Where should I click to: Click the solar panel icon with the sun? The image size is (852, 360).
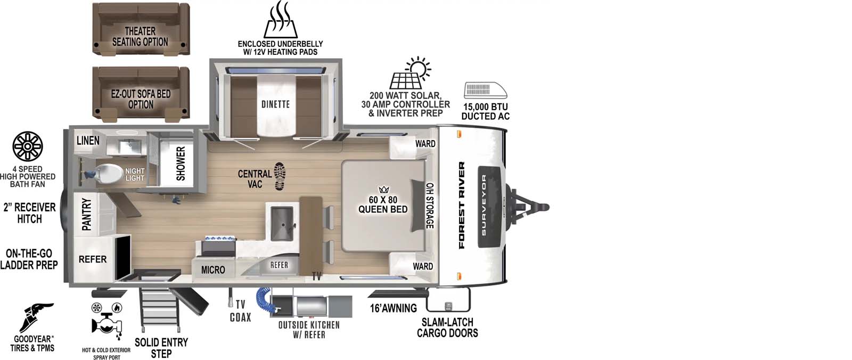pyautogui.click(x=410, y=74)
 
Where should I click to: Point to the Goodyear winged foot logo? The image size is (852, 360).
pyautogui.click(x=36, y=317)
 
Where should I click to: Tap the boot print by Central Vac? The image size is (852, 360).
pyautogui.click(x=280, y=176)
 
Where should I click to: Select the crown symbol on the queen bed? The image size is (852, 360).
pyautogui.click(x=384, y=190)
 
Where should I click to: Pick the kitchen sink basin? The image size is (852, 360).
pyautogui.click(x=281, y=221)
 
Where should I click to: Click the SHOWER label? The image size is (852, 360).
pyautogui.click(x=181, y=163)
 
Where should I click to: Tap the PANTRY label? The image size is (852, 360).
pyautogui.click(x=87, y=214)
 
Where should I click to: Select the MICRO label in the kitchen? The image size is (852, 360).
pyautogui.click(x=213, y=270)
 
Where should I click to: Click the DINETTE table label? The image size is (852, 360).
pyautogui.click(x=275, y=104)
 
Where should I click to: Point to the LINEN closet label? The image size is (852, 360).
pyautogui.click(x=88, y=141)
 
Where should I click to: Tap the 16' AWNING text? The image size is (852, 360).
pyautogui.click(x=393, y=308)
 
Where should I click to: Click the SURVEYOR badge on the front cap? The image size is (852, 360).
pyautogui.click(x=484, y=206)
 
